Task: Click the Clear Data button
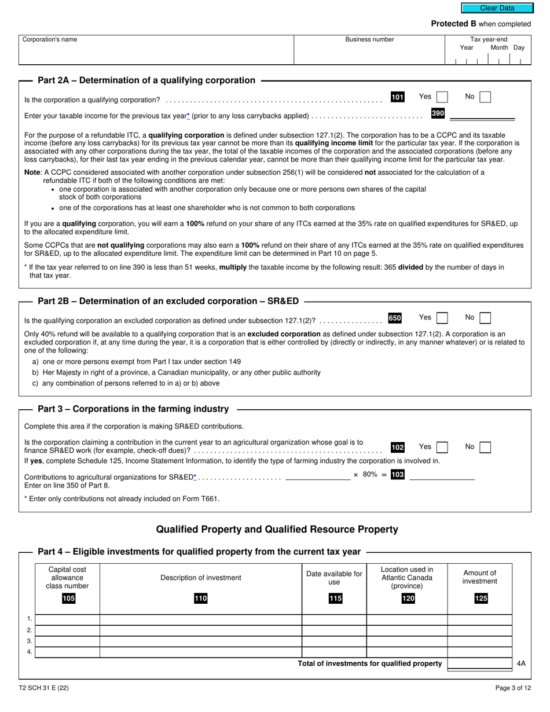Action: click(x=497, y=8)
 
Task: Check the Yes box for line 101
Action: click(x=442, y=97)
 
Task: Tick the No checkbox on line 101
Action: click(x=485, y=97)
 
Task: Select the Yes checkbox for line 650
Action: click(x=442, y=318)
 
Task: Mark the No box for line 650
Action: click(x=485, y=318)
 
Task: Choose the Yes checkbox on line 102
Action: click(x=442, y=447)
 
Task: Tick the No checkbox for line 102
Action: click(x=485, y=447)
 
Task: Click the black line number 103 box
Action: click(x=398, y=475)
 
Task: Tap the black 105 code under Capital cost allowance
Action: click(x=68, y=599)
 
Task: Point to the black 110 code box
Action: click(x=200, y=599)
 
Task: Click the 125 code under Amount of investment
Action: click(x=481, y=599)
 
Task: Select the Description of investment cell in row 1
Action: click(x=200, y=620)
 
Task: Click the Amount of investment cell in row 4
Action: click(x=479, y=652)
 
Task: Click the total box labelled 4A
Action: click(x=479, y=664)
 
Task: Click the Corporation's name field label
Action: click(x=49, y=39)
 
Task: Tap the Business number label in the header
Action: click(x=369, y=39)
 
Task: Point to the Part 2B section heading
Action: click(x=168, y=301)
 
